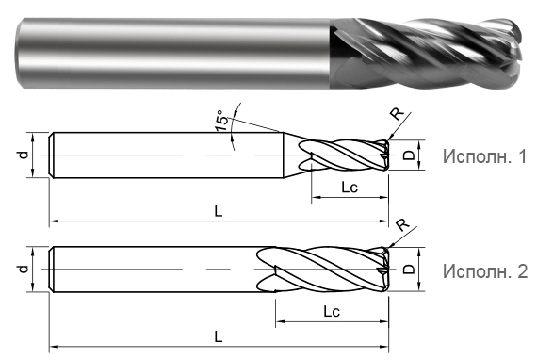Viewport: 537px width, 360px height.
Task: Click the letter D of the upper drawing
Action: pos(409,155)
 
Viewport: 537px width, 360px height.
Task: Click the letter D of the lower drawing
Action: pos(409,270)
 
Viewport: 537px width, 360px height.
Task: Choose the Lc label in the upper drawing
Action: pos(348,188)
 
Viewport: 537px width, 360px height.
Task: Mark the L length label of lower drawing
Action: pos(218,335)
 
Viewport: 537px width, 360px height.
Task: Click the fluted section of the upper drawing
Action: pos(344,155)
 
